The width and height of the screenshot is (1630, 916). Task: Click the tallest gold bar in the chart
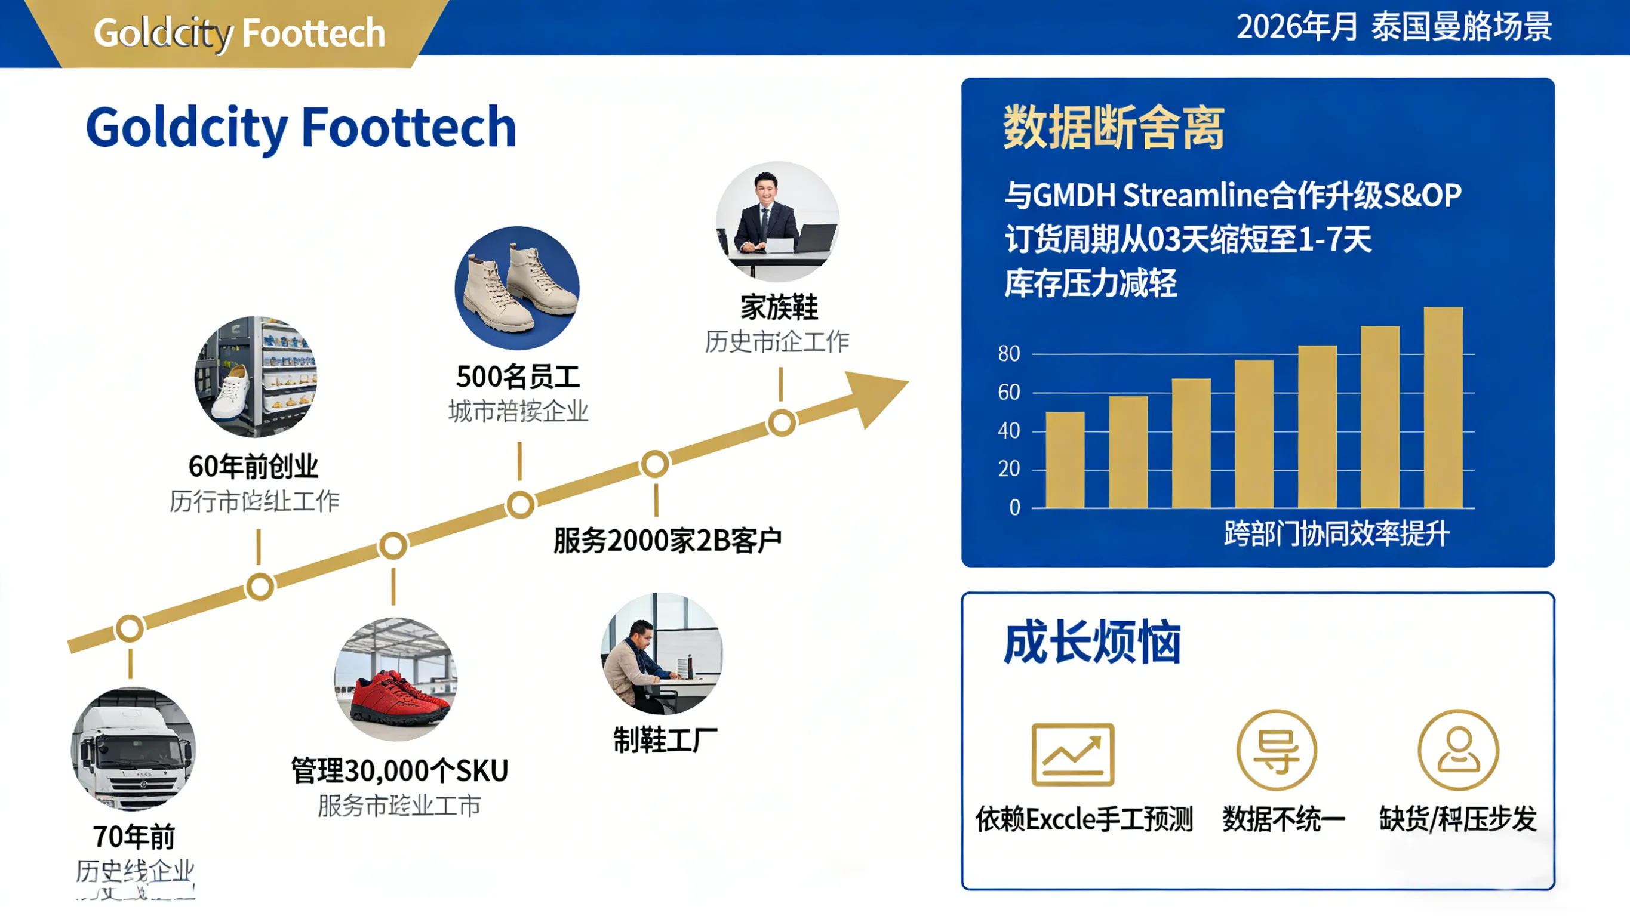pyautogui.click(x=1443, y=408)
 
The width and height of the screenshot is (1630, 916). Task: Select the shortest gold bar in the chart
pyautogui.click(x=1065, y=460)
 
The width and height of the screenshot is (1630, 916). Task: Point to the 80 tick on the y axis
pyautogui.click(x=1008, y=354)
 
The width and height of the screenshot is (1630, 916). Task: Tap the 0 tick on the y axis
pyautogui.click(x=1014, y=507)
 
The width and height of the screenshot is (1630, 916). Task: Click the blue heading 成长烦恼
pyautogui.click(x=1092, y=643)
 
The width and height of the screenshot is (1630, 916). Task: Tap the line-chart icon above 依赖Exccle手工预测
pyautogui.click(x=1072, y=754)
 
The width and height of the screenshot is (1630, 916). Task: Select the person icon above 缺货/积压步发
pyautogui.click(x=1458, y=750)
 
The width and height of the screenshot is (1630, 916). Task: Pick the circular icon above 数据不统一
pyautogui.click(x=1277, y=750)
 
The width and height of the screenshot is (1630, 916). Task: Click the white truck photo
pyautogui.click(x=133, y=750)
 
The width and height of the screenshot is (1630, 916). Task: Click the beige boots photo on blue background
pyautogui.click(x=517, y=288)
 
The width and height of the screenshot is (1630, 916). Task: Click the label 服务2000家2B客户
pyautogui.click(x=668, y=541)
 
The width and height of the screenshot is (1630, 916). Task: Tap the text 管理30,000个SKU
pyautogui.click(x=399, y=771)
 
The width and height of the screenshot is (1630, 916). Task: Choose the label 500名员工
pyautogui.click(x=518, y=377)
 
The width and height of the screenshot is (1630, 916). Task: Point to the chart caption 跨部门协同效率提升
pyautogui.click(x=1336, y=534)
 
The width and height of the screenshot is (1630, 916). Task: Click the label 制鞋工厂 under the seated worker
pyautogui.click(x=665, y=740)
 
